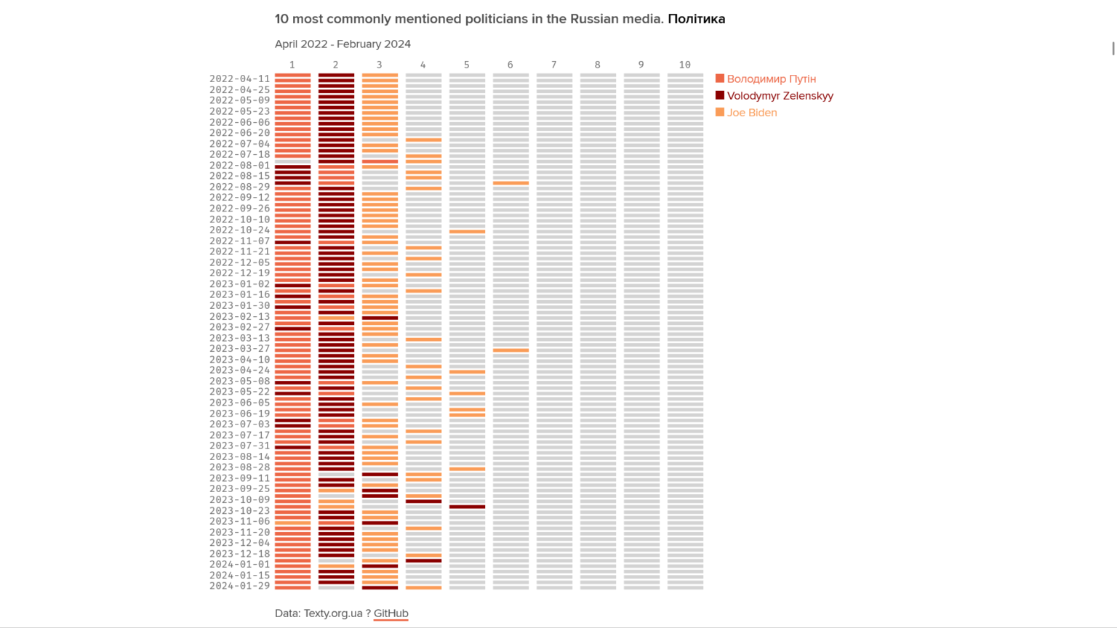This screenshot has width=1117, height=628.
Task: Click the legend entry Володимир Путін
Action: tap(771, 78)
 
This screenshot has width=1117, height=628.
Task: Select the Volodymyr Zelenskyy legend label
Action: tap(780, 95)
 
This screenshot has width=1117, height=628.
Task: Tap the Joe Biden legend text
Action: tap(751, 113)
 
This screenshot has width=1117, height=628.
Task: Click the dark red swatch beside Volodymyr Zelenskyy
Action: tap(720, 95)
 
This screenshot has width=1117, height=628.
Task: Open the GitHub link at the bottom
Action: tap(391, 613)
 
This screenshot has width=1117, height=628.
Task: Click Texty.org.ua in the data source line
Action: tap(332, 613)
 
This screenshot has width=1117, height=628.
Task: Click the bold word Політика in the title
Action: tap(696, 19)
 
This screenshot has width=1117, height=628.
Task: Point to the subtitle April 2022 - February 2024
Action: tap(343, 44)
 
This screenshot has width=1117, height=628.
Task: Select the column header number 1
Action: tap(292, 65)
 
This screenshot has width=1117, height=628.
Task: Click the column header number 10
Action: tap(684, 65)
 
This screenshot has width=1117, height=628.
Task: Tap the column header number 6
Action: tap(510, 65)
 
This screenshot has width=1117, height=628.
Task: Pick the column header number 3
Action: tap(379, 65)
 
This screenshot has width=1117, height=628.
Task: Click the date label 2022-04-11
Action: tap(239, 78)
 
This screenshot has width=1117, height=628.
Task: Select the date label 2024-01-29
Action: tap(239, 586)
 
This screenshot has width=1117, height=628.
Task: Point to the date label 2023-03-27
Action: tap(239, 349)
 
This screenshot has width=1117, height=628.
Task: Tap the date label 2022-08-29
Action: tap(239, 187)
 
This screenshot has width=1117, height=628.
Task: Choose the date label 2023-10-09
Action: tap(239, 500)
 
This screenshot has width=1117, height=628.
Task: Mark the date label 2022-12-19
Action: tap(239, 273)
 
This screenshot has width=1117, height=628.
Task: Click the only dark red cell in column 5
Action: tap(467, 507)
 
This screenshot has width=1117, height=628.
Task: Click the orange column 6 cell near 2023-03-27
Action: tap(511, 350)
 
